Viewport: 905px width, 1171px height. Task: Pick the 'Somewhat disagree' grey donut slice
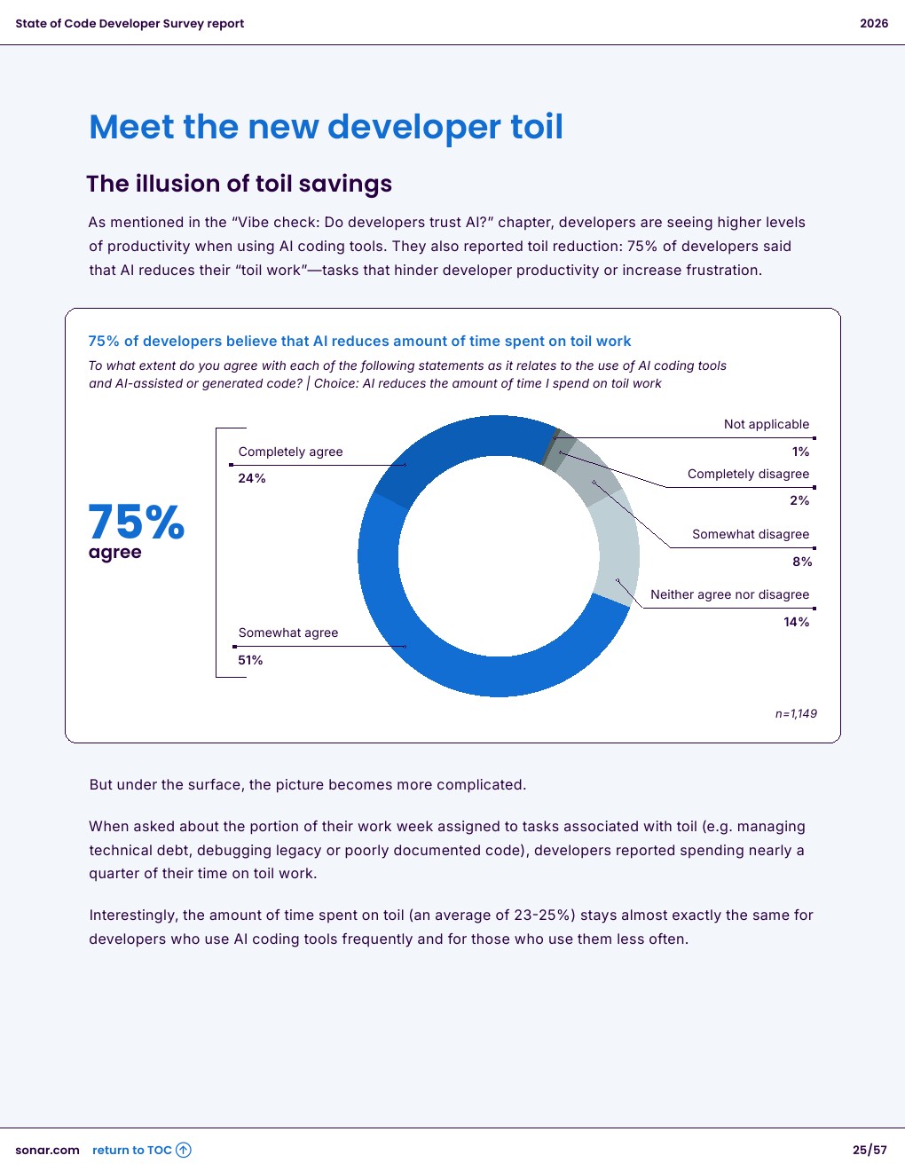(591, 475)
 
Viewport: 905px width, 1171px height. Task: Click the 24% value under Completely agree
(252, 478)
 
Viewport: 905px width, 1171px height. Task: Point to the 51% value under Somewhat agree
(250, 660)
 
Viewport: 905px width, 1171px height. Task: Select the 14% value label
(796, 622)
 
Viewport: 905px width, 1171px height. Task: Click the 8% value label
(802, 562)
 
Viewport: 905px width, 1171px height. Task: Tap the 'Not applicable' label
(767, 424)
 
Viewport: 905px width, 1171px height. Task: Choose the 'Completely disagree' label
(748, 474)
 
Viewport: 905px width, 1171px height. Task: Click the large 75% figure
(137, 522)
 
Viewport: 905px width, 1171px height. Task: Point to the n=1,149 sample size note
(796, 713)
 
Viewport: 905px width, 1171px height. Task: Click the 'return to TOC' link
(131, 1150)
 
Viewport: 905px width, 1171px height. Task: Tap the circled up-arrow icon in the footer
(184, 1150)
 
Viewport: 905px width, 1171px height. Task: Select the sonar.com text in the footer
(47, 1150)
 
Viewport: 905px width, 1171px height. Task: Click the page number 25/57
(870, 1150)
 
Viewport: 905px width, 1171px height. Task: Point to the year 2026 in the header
(873, 23)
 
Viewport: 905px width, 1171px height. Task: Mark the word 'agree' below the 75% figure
(114, 552)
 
